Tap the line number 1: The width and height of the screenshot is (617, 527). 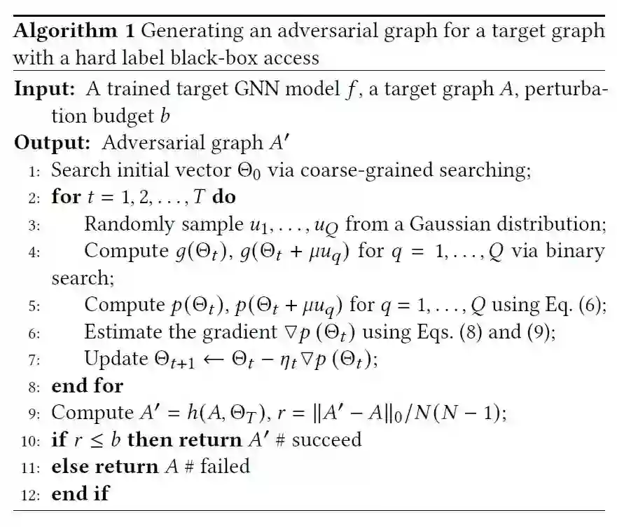(37, 170)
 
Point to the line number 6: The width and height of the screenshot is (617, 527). (37, 332)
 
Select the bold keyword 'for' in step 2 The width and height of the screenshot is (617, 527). (67, 197)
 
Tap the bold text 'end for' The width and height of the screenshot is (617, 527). (88, 385)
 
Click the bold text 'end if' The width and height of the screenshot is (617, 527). (81, 493)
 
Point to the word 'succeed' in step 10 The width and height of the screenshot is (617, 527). (327, 439)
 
